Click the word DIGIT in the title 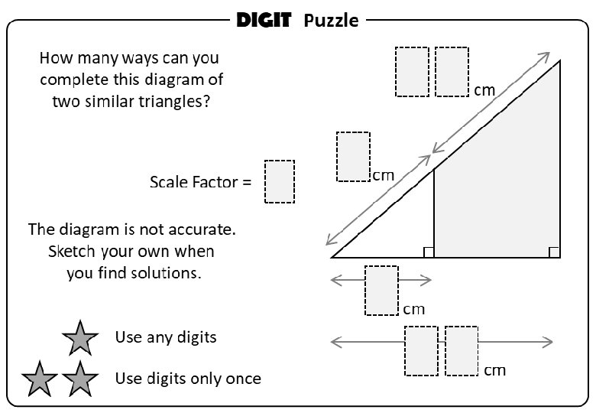click(x=264, y=20)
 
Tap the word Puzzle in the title click(x=330, y=21)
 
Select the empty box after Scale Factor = click(x=280, y=181)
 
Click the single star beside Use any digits click(x=79, y=337)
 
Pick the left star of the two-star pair click(x=40, y=379)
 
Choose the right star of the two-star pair click(x=79, y=379)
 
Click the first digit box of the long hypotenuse click(x=412, y=71)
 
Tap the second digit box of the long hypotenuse click(x=452, y=71)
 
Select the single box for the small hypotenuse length click(x=353, y=156)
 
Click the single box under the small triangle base click(x=381, y=290)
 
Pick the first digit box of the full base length click(x=421, y=351)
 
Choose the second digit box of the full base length click(x=462, y=351)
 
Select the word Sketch click(x=73, y=252)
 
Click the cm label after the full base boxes click(x=494, y=370)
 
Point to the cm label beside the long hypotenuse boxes click(x=484, y=90)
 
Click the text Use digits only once click(x=188, y=379)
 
